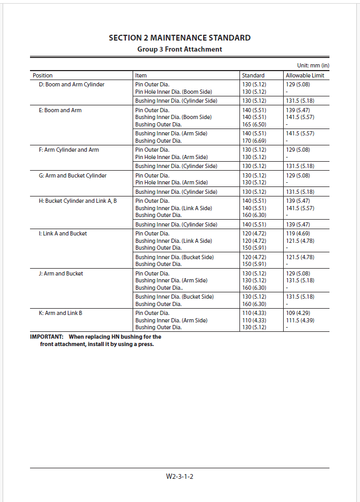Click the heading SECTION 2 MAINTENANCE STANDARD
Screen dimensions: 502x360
click(x=179, y=38)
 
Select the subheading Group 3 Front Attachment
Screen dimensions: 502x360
click(x=179, y=49)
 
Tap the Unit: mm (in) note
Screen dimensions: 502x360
click(x=313, y=66)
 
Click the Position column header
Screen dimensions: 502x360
click(x=43, y=75)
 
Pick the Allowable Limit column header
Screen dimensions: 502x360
click(x=305, y=75)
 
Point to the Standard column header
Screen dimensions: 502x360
click(x=253, y=75)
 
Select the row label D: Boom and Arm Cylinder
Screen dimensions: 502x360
click(x=72, y=84)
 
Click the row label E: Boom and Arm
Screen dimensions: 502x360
click(x=60, y=110)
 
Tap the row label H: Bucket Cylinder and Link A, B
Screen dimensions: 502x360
click(x=78, y=201)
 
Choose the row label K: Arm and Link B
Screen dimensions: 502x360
click(x=61, y=313)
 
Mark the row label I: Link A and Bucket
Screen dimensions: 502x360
click(x=63, y=233)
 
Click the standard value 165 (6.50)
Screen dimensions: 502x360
click(x=254, y=124)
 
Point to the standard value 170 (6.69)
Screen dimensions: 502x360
click(x=254, y=141)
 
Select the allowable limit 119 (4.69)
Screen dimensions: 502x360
click(x=298, y=233)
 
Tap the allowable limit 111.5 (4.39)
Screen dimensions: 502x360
click(x=300, y=320)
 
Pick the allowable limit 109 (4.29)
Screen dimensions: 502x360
click(x=298, y=313)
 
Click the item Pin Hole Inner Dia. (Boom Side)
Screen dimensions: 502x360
click(x=174, y=92)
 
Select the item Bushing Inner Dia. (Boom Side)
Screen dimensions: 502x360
click(x=173, y=117)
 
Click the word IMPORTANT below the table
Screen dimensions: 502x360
click(x=47, y=337)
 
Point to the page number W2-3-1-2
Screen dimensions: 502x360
click(x=179, y=477)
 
